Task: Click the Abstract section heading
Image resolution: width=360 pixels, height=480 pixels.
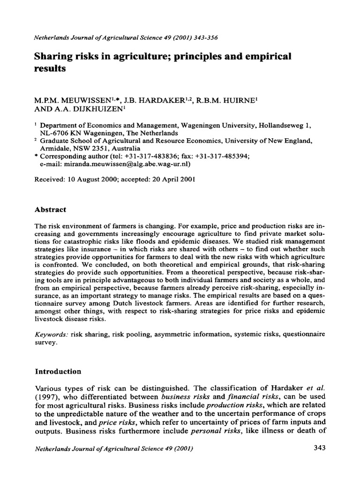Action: point(51,210)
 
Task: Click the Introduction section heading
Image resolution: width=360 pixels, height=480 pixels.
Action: point(59,371)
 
